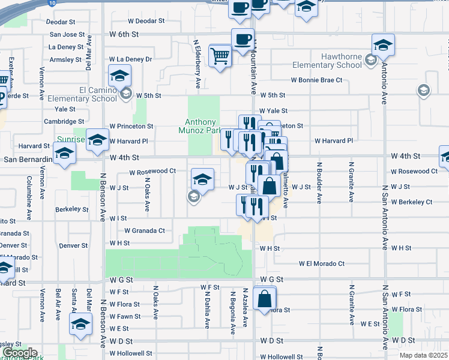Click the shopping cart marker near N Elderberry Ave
220,56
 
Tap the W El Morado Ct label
322,263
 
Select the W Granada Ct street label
145,230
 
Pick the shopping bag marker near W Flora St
265,298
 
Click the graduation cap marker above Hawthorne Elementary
382,44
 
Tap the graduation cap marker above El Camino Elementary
119,76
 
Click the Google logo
20,353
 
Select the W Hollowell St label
131,354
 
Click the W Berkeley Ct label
411,202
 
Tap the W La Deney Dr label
130,59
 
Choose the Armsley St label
65,59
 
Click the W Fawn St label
125,316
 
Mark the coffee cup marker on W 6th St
243,40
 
